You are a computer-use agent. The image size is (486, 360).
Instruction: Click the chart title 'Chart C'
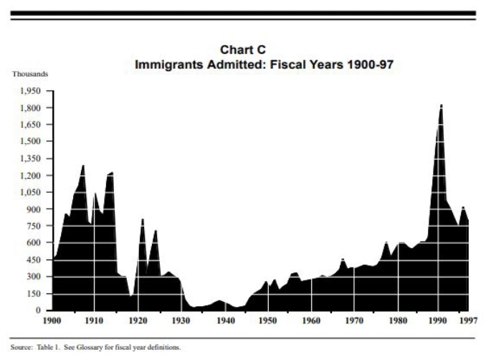point(244,49)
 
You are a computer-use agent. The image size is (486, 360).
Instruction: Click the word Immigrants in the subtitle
point(167,64)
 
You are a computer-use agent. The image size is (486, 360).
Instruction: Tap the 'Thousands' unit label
point(29,75)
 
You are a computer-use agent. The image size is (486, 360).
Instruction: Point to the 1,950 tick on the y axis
point(33,91)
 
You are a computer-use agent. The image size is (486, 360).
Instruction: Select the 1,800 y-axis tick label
point(33,108)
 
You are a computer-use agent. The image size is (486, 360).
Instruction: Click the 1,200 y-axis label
point(33,176)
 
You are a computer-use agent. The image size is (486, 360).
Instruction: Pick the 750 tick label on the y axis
point(37,226)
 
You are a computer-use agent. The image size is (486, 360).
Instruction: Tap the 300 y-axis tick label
point(37,277)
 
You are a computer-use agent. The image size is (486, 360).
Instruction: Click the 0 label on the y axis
point(42,311)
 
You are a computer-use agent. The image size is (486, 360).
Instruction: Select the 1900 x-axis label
point(53,321)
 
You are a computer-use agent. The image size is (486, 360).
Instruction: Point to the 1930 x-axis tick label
point(181,321)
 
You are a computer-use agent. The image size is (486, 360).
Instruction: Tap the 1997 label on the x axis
point(469,321)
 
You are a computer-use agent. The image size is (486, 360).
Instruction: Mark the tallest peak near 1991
point(441,105)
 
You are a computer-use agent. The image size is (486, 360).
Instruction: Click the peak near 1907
point(83,166)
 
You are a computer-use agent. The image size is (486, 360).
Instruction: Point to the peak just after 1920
point(143,219)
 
